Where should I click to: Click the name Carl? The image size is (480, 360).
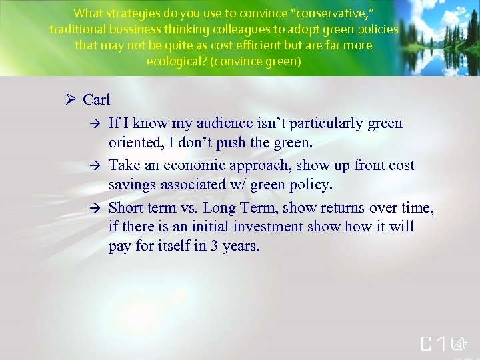pyautogui.click(x=96, y=100)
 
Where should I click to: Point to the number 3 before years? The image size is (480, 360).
pyautogui.click(x=214, y=247)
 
